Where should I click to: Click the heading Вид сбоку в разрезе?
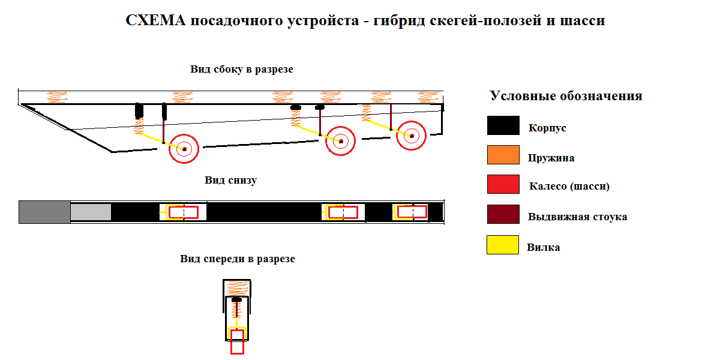coord(242,70)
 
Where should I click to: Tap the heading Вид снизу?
coord(231,180)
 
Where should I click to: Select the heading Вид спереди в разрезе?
coord(238,259)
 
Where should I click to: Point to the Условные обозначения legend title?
coord(566,96)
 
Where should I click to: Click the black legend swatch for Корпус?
coord(503,125)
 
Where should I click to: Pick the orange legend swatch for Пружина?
coord(503,155)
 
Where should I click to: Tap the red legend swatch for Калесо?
coord(503,184)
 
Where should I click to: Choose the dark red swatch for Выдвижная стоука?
coord(503,215)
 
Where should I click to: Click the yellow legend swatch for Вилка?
coord(503,245)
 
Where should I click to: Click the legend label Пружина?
coord(551,158)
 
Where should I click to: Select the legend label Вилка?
coord(544,247)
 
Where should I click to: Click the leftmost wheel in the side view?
coord(184,148)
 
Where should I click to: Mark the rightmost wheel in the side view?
coord(412,136)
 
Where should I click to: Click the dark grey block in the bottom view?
coord(45,212)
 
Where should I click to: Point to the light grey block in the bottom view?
coord(91,212)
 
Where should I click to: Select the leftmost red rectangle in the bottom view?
coord(183,212)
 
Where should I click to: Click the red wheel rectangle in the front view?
coord(238,341)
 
